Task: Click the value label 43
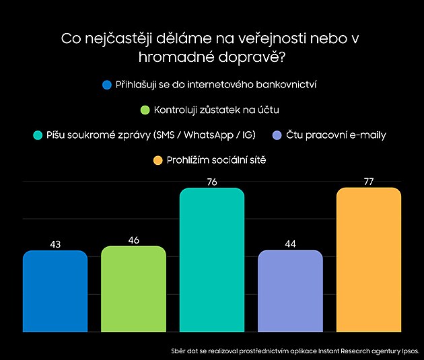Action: pyautogui.click(x=55, y=244)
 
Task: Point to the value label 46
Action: pyautogui.click(x=133, y=240)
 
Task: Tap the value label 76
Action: pyautogui.click(x=211, y=182)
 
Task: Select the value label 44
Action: pyautogui.click(x=290, y=244)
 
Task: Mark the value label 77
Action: pyautogui.click(x=368, y=181)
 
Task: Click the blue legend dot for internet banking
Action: pyautogui.click(x=106, y=85)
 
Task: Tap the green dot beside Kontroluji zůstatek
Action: pyautogui.click(x=144, y=110)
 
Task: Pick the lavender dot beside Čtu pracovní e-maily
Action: pyautogui.click(x=277, y=135)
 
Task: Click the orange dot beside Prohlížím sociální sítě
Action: pyautogui.click(x=157, y=160)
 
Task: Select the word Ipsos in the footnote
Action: pyautogui.click(x=409, y=351)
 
